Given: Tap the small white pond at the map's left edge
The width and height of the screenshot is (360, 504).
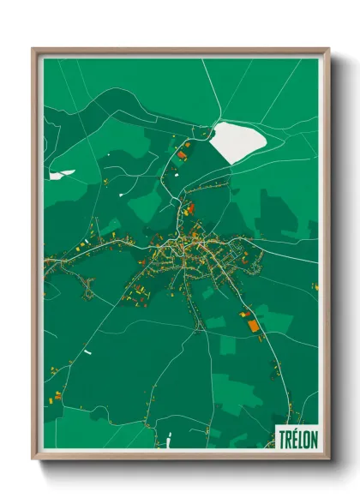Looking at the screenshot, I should (x=61, y=174).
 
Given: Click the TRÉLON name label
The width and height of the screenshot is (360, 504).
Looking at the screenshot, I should (x=296, y=435).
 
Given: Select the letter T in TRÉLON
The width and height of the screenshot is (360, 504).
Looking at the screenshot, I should (x=281, y=435).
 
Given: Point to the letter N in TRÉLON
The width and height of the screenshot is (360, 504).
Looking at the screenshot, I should (x=312, y=435).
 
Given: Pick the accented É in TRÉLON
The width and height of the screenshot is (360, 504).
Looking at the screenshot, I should (x=293, y=435).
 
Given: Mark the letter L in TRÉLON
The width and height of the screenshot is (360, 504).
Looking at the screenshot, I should (x=299, y=435).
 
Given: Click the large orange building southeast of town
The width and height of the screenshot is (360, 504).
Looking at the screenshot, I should (x=252, y=325).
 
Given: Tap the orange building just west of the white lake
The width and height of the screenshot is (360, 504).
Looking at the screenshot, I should (x=183, y=155).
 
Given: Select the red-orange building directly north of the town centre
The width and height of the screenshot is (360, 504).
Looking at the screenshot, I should (x=191, y=207).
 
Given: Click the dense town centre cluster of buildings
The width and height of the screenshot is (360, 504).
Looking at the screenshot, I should (x=190, y=249).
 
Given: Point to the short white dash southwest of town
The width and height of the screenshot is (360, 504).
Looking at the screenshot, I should (x=87, y=351).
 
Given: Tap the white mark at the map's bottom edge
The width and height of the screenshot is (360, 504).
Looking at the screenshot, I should (x=171, y=441).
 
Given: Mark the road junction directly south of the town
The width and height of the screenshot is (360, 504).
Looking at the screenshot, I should (x=200, y=326).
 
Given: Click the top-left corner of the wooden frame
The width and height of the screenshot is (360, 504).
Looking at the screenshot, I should (x=33, y=48).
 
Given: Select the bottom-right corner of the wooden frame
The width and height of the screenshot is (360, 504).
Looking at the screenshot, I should (x=329, y=460).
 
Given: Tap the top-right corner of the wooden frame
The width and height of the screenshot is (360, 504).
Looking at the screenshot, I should (x=329, y=48).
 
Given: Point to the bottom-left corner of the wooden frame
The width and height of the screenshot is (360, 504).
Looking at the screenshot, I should (x=33, y=460).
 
